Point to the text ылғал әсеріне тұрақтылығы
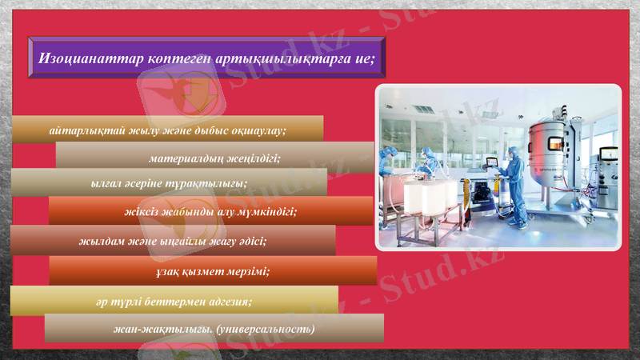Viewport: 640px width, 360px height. tap(169, 183)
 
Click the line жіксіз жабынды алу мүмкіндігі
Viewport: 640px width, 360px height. tap(210, 212)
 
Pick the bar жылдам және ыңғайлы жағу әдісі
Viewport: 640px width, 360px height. tap(172, 240)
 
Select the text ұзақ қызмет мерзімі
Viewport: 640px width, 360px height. tap(213, 271)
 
